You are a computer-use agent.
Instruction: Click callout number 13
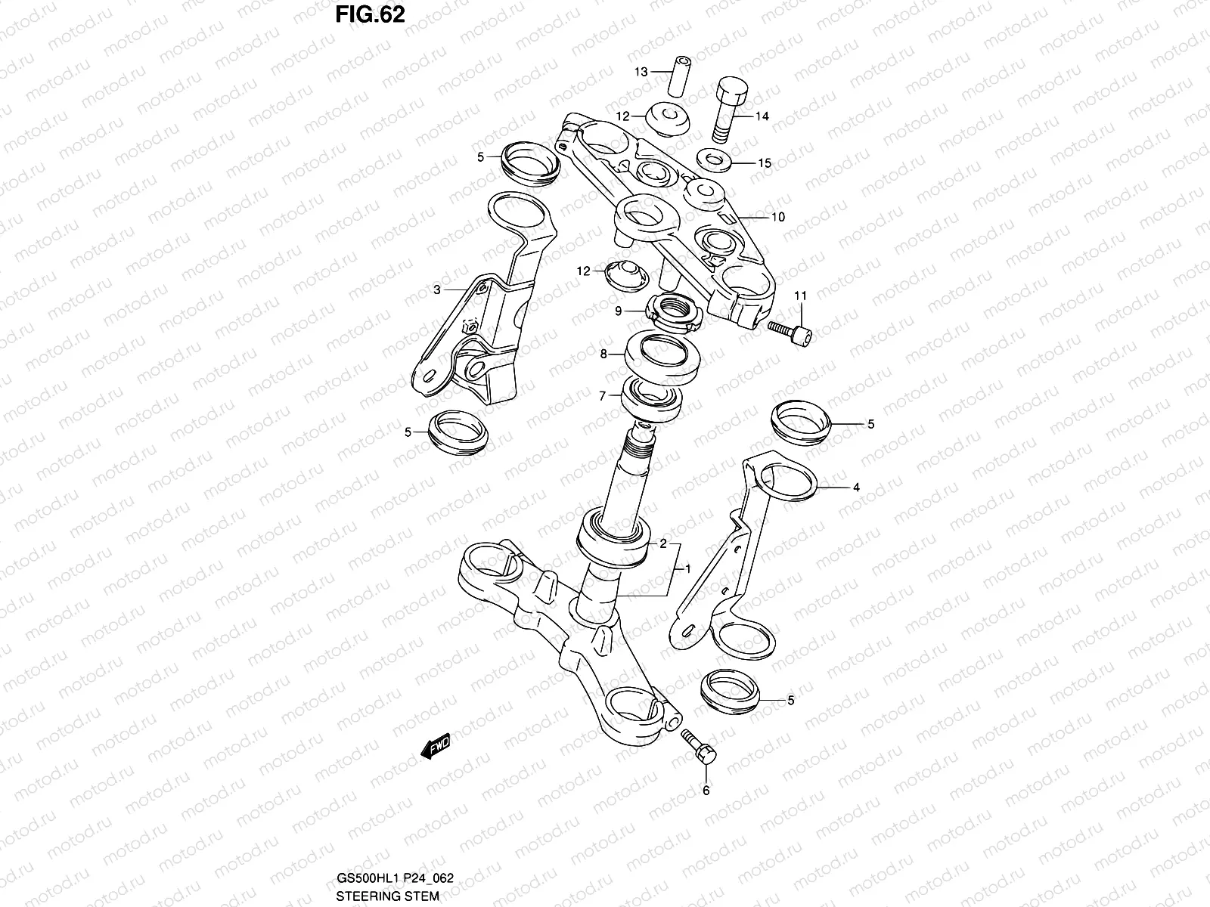click(x=641, y=72)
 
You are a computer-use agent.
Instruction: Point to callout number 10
click(x=778, y=217)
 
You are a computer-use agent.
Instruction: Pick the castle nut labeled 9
click(x=675, y=311)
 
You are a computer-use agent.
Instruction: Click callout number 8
click(x=603, y=353)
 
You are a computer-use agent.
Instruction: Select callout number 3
click(x=437, y=289)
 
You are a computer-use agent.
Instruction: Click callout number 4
click(x=856, y=488)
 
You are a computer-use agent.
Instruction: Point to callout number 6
click(x=706, y=791)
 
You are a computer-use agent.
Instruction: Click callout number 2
click(x=663, y=543)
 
